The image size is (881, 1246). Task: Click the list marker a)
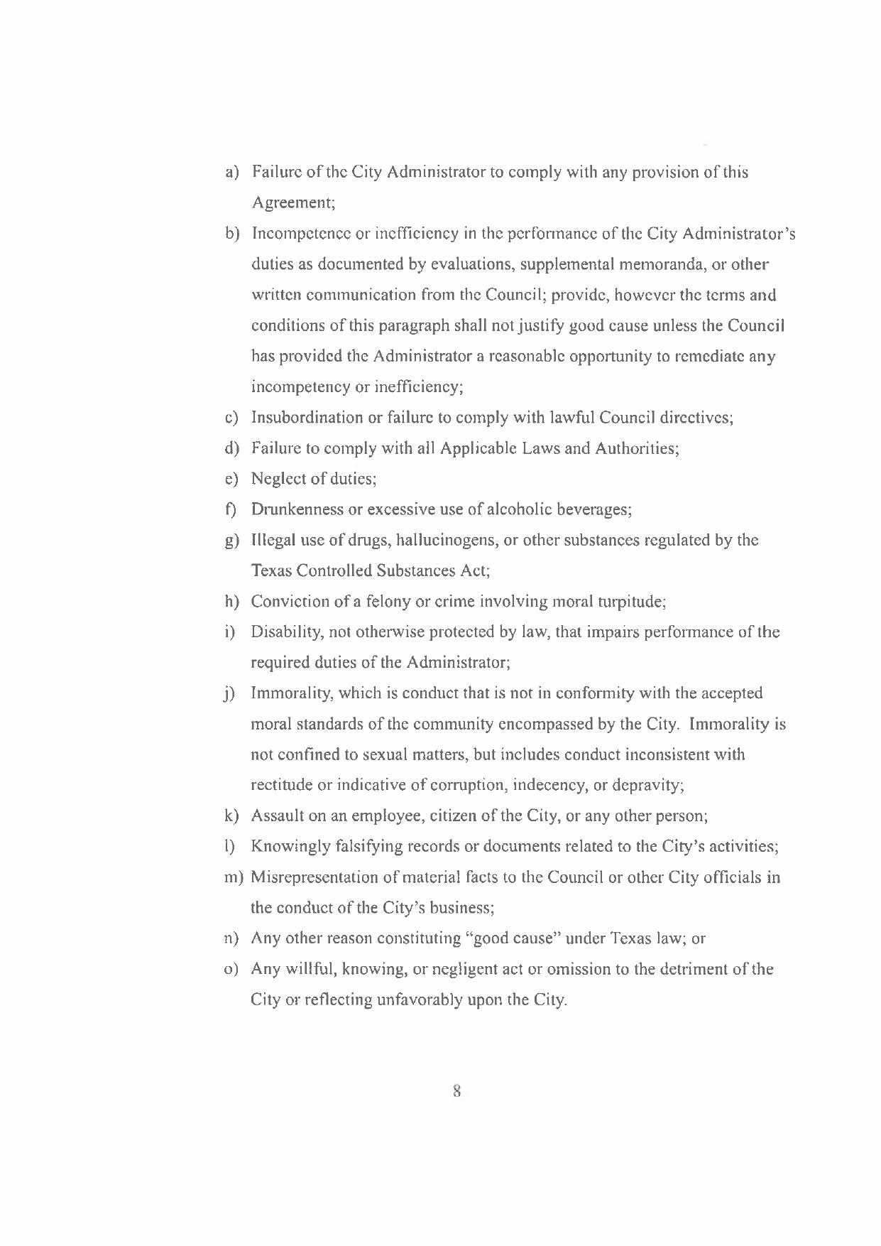(231, 173)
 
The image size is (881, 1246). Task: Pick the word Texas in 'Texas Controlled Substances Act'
(271, 571)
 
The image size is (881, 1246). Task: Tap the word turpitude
(631, 602)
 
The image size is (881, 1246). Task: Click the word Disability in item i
(283, 632)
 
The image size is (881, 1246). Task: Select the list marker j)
(229, 694)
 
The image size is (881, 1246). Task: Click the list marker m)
(234, 877)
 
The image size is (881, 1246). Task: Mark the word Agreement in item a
(292, 203)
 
